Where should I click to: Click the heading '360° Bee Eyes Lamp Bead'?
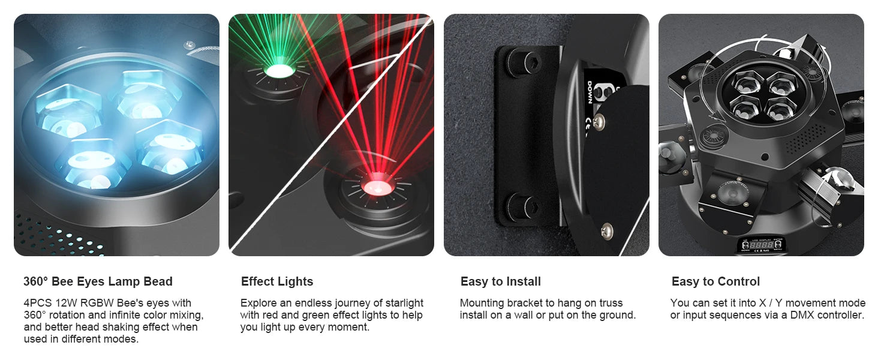pyautogui.click(x=98, y=281)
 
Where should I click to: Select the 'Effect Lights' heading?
pyautogui.click(x=277, y=281)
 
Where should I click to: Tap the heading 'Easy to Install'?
pyautogui.click(x=501, y=281)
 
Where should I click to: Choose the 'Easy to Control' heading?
pyautogui.click(x=715, y=281)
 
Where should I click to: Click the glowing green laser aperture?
pyautogui.click(x=279, y=71)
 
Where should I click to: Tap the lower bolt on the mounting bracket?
pyautogui.click(x=522, y=206)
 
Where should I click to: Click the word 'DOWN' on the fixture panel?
pyautogui.click(x=590, y=92)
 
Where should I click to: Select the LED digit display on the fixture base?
pyautogui.click(x=762, y=245)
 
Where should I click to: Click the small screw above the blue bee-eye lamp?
pyautogui.click(x=190, y=44)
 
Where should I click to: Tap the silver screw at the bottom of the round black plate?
pyautogui.click(x=606, y=230)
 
